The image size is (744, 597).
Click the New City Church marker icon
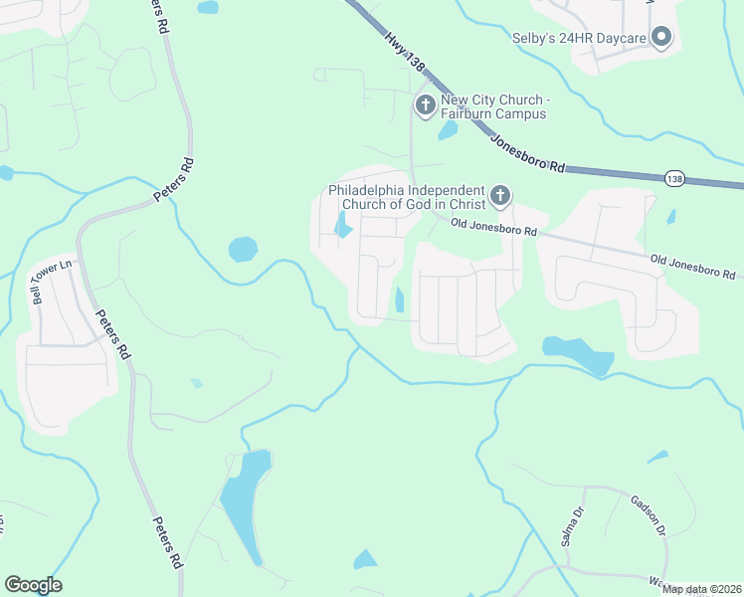coord(426,105)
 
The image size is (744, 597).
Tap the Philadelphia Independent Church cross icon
coord(499,196)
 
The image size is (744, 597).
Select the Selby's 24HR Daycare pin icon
coord(661,39)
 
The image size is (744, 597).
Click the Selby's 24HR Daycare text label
coord(579,39)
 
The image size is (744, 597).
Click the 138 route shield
coord(674,178)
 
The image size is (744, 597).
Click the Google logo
coord(33,585)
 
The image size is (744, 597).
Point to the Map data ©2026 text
coord(702,589)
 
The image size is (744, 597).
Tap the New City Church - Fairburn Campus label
coord(494,106)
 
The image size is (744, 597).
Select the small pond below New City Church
coord(448,130)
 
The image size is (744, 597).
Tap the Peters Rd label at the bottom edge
coord(167,542)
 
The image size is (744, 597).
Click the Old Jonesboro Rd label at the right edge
coord(693,266)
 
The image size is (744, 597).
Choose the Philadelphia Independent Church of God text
coord(408,197)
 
